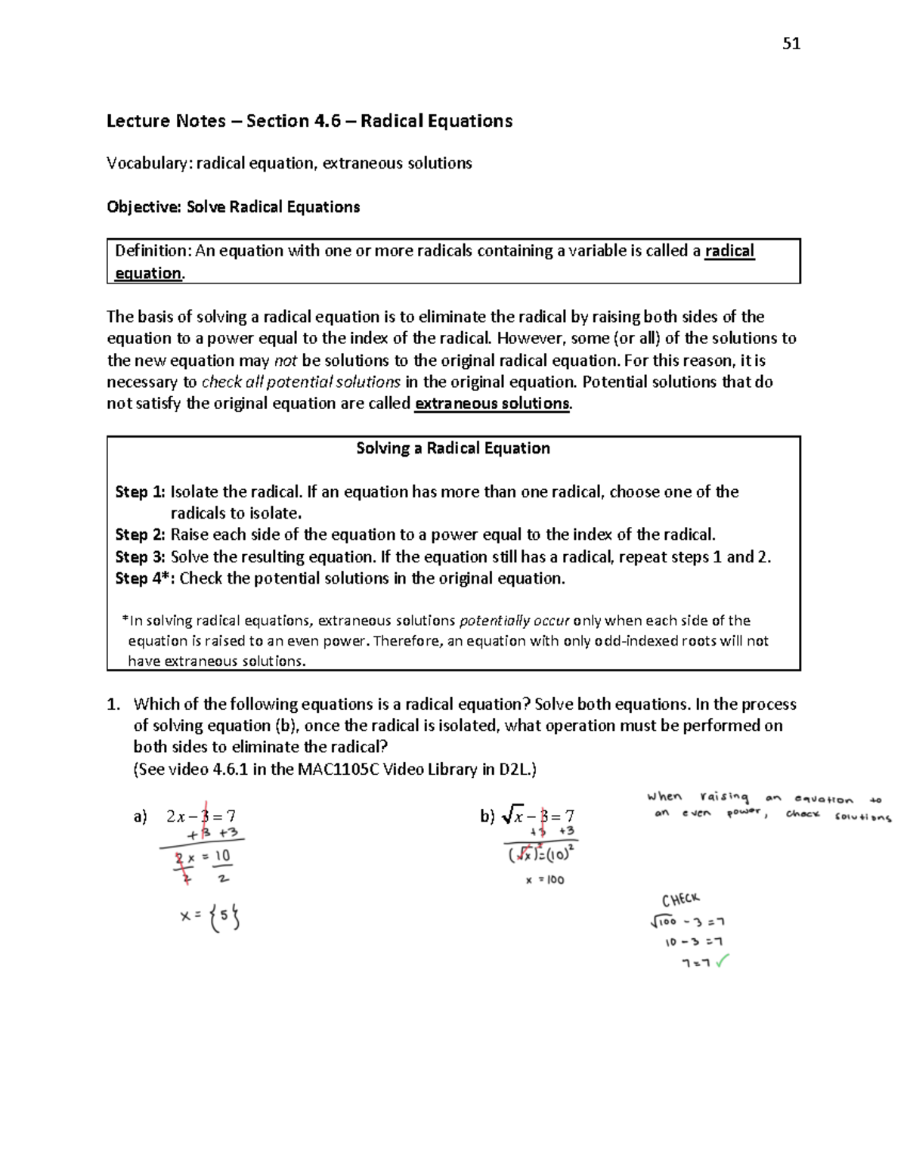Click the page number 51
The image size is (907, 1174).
point(791,44)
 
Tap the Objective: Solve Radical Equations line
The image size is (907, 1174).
point(233,207)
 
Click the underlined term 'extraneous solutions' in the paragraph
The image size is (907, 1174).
point(493,404)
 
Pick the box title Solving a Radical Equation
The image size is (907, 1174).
point(453,448)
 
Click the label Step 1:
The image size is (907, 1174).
point(140,492)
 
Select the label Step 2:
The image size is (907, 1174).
point(140,535)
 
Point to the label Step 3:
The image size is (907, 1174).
point(140,557)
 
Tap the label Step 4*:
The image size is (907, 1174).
point(144,579)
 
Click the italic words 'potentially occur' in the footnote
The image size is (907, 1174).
point(514,621)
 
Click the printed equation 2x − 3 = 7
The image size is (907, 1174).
point(200,816)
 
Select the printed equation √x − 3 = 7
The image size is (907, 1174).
point(538,816)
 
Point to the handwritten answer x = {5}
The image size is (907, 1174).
point(210,917)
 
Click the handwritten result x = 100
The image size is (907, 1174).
point(545,880)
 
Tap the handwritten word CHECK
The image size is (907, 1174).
point(681,900)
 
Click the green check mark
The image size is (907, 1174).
point(721,962)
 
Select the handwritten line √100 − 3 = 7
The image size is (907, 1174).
point(687,922)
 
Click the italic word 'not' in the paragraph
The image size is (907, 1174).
point(285,361)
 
